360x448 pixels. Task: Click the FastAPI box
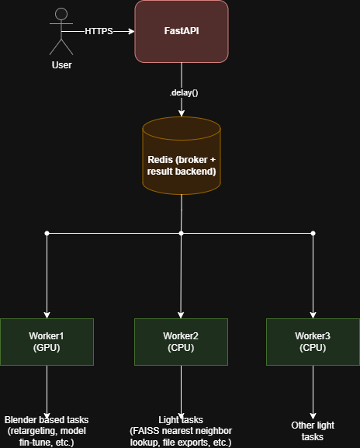[182, 31]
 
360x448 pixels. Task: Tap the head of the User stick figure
[61, 14]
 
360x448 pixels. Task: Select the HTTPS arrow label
[99, 31]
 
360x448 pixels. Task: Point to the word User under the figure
[61, 65]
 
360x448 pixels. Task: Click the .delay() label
[184, 92]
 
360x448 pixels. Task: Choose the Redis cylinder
[182, 156]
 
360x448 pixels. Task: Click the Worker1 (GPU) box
[47, 342]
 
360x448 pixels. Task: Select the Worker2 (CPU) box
[181, 342]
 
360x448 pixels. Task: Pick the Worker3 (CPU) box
[313, 342]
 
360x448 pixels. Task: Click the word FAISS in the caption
[147, 431]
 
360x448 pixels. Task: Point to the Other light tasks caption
[313, 431]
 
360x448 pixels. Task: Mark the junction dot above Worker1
[47, 234]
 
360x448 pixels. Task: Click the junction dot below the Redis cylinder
[181, 234]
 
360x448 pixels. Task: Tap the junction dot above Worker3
[313, 234]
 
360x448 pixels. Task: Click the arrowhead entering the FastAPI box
[132, 31]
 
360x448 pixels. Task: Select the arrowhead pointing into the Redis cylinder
[182, 113]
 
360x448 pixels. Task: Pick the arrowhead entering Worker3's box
[313, 315]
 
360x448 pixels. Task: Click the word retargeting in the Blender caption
[33, 431]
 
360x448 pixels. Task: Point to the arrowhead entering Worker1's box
[47, 315]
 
